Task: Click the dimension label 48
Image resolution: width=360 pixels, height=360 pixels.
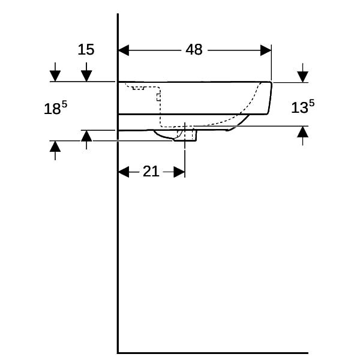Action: tap(194, 50)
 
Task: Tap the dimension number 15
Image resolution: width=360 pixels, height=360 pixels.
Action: tap(86, 49)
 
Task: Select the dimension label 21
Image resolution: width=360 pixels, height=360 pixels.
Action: tap(151, 171)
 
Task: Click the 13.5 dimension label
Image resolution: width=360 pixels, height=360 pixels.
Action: tap(302, 107)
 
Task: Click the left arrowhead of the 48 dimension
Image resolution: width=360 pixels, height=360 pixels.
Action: tap(123, 50)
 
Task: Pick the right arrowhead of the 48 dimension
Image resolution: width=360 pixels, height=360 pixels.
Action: tap(266, 50)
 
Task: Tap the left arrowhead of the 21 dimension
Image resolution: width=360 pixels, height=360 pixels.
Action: tap(123, 172)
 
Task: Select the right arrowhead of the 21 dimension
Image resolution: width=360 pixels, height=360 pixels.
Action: tap(179, 172)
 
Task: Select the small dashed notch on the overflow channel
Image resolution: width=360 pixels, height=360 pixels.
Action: tap(158, 97)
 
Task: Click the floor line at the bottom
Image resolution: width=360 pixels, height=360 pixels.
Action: tap(213, 353)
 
